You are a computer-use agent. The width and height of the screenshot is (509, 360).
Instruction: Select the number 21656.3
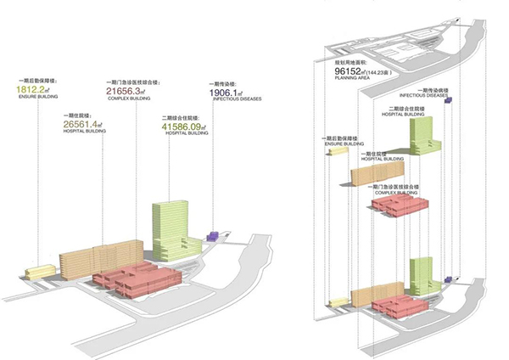tap(126, 90)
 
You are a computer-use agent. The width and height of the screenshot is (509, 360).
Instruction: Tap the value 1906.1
tap(224, 91)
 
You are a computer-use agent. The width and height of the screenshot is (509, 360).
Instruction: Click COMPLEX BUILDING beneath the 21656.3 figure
tap(126, 99)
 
